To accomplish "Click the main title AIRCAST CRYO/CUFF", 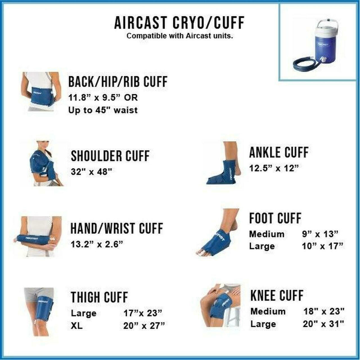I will pyautogui.click(x=179, y=23).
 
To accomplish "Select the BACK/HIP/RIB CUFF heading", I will pyautogui.click(x=118, y=82).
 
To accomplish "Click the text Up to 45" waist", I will pyautogui.click(x=103, y=110).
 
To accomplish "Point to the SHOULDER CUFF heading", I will pyautogui.click(x=110, y=156).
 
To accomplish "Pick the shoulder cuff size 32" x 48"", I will pyautogui.click(x=91, y=172).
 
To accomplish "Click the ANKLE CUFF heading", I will pyautogui.click(x=279, y=152).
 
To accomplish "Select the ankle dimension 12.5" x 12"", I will pyautogui.click(x=273, y=168).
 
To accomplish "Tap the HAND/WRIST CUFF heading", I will pyautogui.click(x=117, y=228).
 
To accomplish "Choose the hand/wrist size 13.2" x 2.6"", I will pyautogui.click(x=97, y=244).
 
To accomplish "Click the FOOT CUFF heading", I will pyautogui.click(x=275, y=219).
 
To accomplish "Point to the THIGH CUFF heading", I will pyautogui.click(x=99, y=297).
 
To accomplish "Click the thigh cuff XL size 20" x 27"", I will pyautogui.click(x=144, y=326).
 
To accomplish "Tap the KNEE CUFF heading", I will pyautogui.click(x=277, y=296).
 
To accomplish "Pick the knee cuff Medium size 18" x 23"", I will pyautogui.click(x=324, y=311).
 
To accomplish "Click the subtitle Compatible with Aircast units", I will pyautogui.click(x=180, y=36).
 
